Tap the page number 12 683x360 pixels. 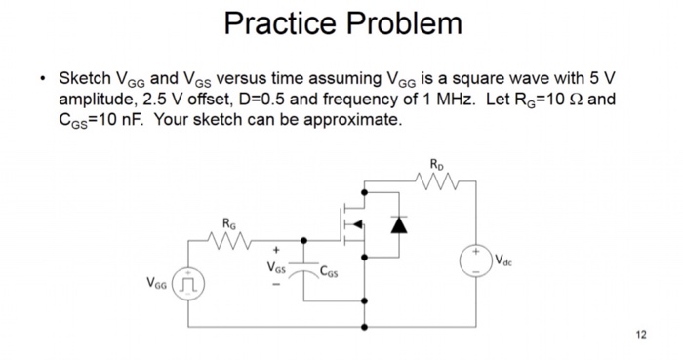[x=640, y=335]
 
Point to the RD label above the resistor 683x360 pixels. [x=433, y=163]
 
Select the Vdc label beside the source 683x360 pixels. [x=503, y=260]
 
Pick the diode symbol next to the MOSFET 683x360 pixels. [x=396, y=224]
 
